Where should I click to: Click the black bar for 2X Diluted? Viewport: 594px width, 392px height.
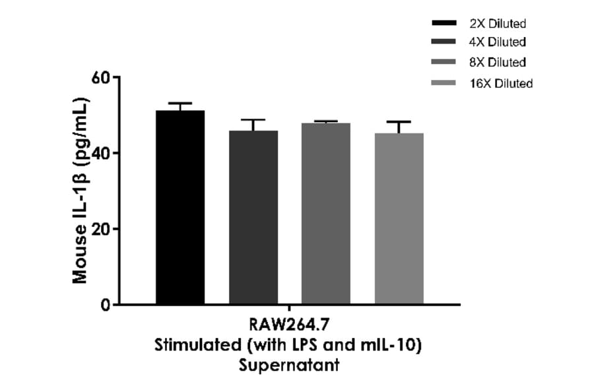[x=180, y=207]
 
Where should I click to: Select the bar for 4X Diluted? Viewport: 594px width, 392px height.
[x=253, y=217]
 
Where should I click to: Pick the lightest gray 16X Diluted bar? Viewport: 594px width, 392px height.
[x=399, y=218]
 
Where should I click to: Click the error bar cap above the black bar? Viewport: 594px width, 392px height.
[x=180, y=104]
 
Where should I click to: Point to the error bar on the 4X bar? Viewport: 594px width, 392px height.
[x=253, y=121]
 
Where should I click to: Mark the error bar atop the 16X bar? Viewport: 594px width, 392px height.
[x=399, y=123]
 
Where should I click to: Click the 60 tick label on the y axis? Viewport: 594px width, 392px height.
[x=100, y=77]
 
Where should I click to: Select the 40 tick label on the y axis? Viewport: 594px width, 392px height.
[x=100, y=153]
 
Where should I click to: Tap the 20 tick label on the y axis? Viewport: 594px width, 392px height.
[x=100, y=229]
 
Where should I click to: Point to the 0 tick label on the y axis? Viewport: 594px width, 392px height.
[x=104, y=305]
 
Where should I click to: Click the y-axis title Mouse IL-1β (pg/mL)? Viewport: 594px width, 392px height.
[x=80, y=191]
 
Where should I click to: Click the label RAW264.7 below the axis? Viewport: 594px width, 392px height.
[x=288, y=326]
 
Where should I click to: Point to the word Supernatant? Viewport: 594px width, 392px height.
[x=288, y=365]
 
